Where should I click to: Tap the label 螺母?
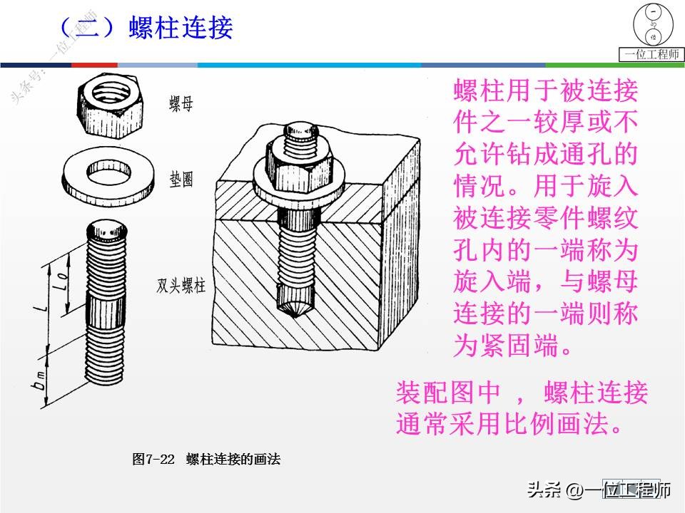pyautogui.click(x=181, y=105)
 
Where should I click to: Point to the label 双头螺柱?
pyautogui.click(x=181, y=286)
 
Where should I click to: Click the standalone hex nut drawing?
pyautogui.click(x=106, y=100)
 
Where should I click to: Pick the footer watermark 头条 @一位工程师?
pyautogui.click(x=599, y=491)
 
